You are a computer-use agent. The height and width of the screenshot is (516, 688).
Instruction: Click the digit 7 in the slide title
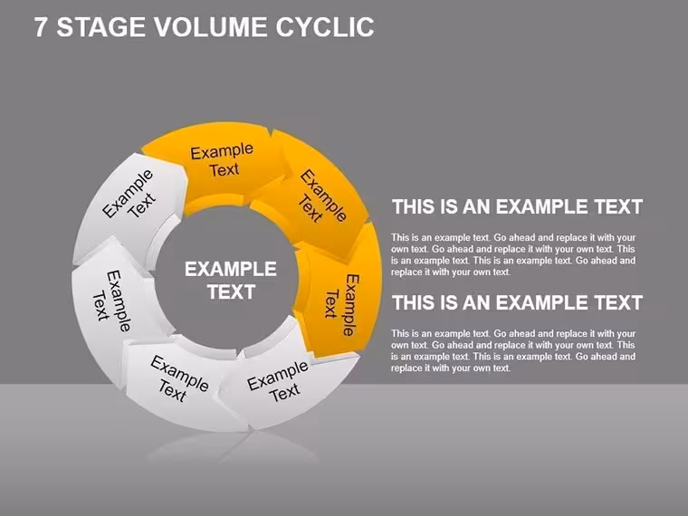pos(40,27)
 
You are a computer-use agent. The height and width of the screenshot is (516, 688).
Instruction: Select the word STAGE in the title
pos(100,27)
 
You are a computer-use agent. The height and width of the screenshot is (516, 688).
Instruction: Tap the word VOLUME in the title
pos(210,27)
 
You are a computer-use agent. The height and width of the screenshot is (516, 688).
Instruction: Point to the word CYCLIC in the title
pos(325,27)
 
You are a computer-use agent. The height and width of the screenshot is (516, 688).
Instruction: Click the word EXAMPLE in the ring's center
pos(230,269)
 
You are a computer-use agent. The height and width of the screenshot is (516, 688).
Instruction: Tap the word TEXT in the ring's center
pos(231,292)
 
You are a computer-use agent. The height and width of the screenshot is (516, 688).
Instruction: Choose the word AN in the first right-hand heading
pos(476,207)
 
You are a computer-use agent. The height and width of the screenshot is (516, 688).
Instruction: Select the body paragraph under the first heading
pos(513,254)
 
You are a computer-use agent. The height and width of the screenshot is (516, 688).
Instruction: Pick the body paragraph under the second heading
pos(513,350)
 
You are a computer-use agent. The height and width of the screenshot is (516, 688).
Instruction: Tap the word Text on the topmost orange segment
pos(225,169)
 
